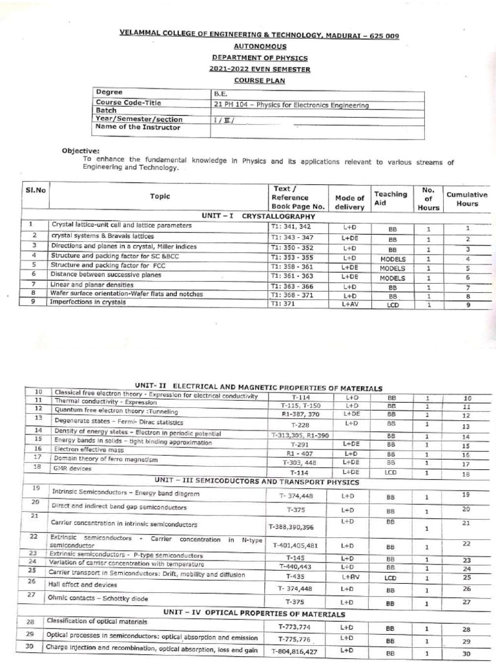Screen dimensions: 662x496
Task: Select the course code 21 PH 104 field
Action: pos(291,105)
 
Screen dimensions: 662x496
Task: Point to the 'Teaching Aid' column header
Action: pos(391,198)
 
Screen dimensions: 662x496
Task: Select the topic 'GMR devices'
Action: pos(72,466)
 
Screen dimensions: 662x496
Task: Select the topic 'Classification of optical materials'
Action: pos(101,621)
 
